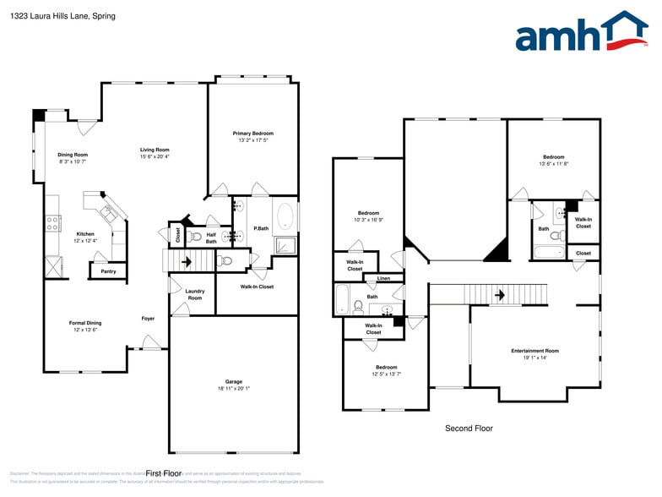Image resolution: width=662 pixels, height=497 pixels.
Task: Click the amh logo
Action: pyautogui.click(x=582, y=32)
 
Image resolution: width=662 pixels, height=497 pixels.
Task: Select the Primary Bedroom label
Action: pyautogui.click(x=253, y=134)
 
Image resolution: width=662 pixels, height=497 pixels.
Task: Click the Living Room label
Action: pyautogui.click(x=155, y=150)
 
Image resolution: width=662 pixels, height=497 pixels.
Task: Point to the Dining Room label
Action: pyautogui.click(x=73, y=155)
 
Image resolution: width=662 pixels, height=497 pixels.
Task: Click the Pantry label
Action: pyautogui.click(x=108, y=271)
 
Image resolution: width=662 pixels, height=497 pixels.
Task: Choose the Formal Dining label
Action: pyautogui.click(x=85, y=323)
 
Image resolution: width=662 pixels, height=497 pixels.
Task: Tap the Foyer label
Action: pyautogui.click(x=148, y=319)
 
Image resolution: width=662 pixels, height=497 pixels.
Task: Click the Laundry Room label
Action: pyautogui.click(x=194, y=295)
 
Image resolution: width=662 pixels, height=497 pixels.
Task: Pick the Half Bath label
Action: pyautogui.click(x=211, y=238)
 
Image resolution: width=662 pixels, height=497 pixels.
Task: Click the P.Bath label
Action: pyautogui.click(x=261, y=229)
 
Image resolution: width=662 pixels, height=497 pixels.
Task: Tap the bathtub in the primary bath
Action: pyautogui.click(x=285, y=217)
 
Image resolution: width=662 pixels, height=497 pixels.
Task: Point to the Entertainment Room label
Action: pyautogui.click(x=534, y=351)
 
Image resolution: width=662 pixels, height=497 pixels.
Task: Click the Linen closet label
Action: pyautogui.click(x=383, y=278)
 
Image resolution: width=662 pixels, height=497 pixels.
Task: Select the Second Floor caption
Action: pyautogui.click(x=469, y=429)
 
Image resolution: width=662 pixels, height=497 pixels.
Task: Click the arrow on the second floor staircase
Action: pyautogui.click(x=499, y=295)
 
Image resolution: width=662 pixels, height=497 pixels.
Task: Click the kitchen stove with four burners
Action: pyautogui.click(x=52, y=223)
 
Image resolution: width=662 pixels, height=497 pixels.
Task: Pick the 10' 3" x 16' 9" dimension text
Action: pyautogui.click(x=368, y=220)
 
